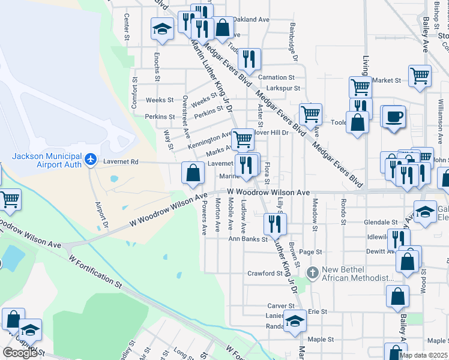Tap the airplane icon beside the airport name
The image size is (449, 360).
[91, 160]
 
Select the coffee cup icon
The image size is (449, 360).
[394, 116]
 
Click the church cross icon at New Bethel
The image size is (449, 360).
[312, 273]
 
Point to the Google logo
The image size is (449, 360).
[19, 353]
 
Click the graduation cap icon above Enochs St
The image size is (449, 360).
[161, 29]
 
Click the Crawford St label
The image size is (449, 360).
[265, 273]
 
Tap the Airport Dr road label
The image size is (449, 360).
[100, 214]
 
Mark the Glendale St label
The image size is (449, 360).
[381, 222]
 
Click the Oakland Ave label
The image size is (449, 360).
[252, 20]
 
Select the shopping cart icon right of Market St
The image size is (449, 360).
[420, 76]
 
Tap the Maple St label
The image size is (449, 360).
[321, 339]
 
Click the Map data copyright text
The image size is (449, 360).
[423, 355]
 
